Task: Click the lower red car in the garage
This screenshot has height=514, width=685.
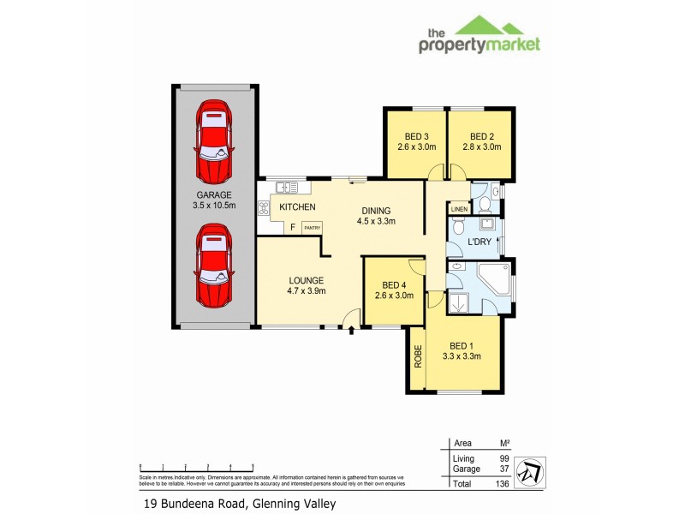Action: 213,266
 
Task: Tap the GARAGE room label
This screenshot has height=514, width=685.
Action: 214,194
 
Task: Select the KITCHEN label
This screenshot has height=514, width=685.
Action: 297,207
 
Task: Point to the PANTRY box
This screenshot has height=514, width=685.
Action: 312,227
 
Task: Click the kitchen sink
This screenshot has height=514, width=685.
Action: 286,186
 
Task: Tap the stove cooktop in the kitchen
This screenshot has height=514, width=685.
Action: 264,206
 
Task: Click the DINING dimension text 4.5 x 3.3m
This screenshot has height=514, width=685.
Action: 376,221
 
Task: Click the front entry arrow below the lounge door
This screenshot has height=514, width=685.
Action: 350,330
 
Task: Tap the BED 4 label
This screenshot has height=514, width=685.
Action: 394,285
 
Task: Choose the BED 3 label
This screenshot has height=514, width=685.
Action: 416,137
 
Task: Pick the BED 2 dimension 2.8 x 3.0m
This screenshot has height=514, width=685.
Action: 481,147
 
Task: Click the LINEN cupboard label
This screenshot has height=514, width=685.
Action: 458,209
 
